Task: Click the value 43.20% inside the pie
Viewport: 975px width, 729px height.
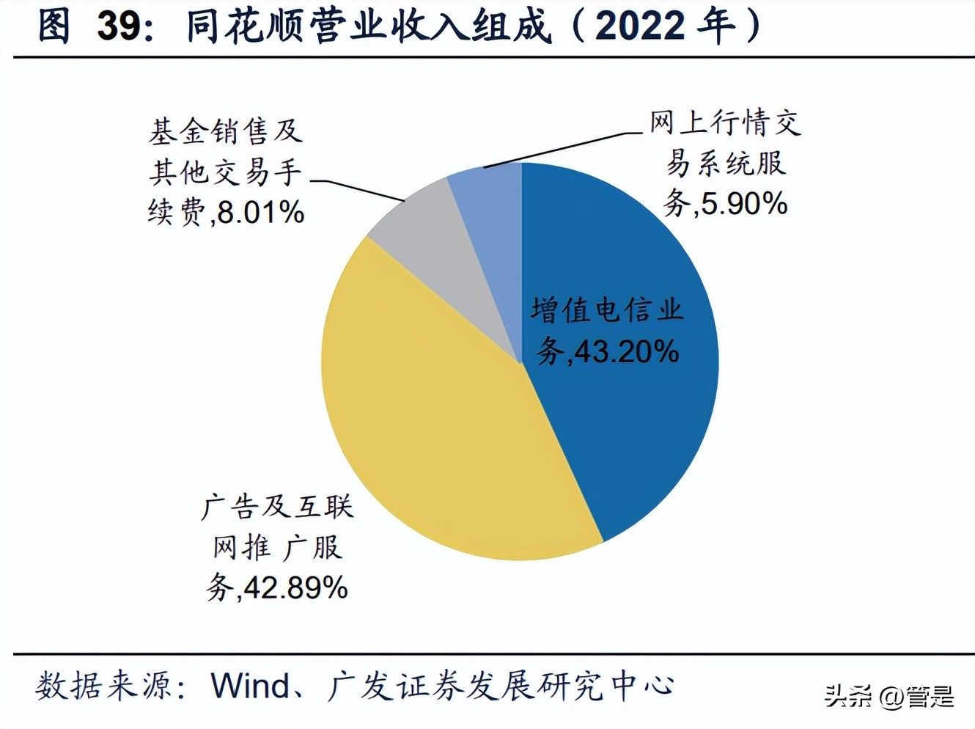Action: click(x=626, y=353)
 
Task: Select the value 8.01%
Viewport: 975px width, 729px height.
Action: click(x=261, y=213)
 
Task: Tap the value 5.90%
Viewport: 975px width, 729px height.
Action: click(x=744, y=203)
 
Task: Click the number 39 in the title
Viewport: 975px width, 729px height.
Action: click(x=119, y=27)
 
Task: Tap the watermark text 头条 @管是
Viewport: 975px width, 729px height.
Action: click(x=889, y=695)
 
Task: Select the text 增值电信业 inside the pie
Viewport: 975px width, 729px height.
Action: click(x=607, y=310)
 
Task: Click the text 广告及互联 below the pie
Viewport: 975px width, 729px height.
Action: click(x=277, y=507)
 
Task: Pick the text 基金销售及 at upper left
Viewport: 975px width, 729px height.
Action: click(x=226, y=132)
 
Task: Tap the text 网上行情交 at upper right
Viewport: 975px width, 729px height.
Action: click(x=724, y=122)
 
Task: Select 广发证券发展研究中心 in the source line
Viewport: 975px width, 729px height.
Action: click(x=501, y=686)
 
